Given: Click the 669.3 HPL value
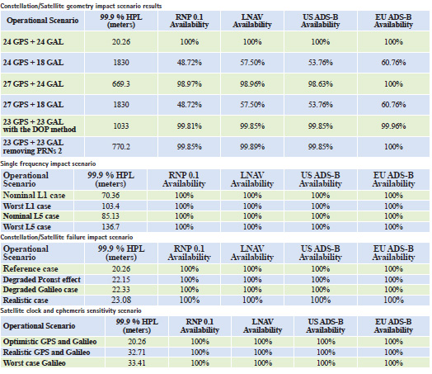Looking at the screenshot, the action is [x=121, y=84].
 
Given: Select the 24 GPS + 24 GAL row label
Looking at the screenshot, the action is [x=33, y=42].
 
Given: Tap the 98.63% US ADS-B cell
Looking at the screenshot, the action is [x=321, y=84].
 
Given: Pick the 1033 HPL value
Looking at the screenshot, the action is [x=121, y=126].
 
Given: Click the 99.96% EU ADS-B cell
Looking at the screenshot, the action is [x=393, y=126].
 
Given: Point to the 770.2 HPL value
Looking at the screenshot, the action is [x=121, y=147].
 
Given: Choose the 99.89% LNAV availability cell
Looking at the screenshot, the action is [x=252, y=147].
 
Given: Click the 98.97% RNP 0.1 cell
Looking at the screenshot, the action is [x=190, y=84].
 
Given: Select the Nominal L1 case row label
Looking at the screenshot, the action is [x=34, y=196].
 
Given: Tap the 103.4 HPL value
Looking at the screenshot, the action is [x=110, y=206].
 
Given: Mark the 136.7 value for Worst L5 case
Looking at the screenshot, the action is [x=110, y=227].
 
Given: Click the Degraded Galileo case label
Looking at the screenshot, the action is [x=40, y=290].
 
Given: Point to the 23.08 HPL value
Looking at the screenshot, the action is [x=121, y=300].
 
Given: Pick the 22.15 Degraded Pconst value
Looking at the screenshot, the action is [x=121, y=279].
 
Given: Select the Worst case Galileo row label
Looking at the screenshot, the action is [x=34, y=363].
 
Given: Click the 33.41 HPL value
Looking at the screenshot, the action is [x=137, y=363].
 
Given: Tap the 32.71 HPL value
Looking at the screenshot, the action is [x=137, y=353].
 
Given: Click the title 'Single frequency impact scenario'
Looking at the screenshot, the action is [x=48, y=163].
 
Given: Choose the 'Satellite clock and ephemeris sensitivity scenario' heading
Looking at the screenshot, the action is [x=71, y=310].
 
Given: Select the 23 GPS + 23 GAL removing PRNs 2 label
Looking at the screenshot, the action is [x=33, y=147].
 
